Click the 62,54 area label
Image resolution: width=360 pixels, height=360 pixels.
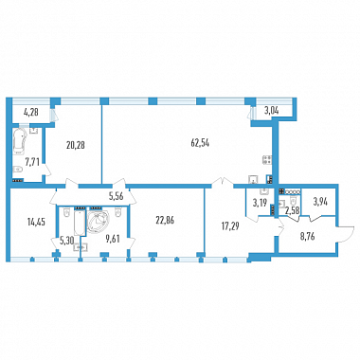pos(200,143)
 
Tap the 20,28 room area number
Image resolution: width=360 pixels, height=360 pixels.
pos(76,145)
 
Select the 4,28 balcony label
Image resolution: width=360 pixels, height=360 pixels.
pos(31,112)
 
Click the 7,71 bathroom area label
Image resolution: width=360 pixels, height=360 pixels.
pos(32,162)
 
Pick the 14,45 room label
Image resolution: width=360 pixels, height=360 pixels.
pos(36,222)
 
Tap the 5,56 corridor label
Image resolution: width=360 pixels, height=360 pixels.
pos(116,197)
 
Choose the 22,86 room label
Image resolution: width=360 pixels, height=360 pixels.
pos(165,221)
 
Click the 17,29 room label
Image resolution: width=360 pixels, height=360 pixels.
pos(229,225)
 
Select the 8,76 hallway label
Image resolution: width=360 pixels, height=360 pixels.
pos(307,237)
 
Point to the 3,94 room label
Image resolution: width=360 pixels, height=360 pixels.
pos(320,201)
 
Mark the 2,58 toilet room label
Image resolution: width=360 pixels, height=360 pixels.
pos(293,208)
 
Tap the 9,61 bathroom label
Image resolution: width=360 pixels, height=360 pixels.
pos(113,239)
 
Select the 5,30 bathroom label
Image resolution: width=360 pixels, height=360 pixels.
pos(66,241)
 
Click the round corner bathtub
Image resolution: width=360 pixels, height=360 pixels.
pos(99,222)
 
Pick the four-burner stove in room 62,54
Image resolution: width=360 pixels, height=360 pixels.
pos(267,160)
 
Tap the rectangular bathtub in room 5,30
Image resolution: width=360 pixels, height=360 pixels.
pos(80,223)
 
